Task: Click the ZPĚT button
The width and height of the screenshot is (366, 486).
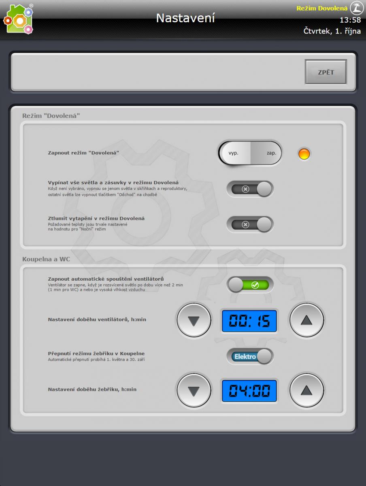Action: click(x=326, y=72)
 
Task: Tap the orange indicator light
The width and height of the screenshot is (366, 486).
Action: click(x=304, y=153)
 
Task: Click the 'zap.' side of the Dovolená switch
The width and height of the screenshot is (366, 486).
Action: click(x=266, y=153)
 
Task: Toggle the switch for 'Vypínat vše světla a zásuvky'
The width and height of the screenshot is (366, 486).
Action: click(x=250, y=189)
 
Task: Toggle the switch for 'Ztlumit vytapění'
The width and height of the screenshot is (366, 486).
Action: click(x=250, y=224)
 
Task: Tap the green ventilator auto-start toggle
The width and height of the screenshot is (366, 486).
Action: click(x=250, y=285)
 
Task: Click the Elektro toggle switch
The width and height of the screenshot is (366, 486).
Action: click(x=250, y=356)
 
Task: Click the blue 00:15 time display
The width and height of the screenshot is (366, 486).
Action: click(x=249, y=321)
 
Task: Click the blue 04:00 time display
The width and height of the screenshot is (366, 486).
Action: click(x=249, y=391)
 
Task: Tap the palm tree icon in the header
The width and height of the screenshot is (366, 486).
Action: click(x=357, y=8)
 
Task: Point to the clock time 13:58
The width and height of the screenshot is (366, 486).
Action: click(x=350, y=20)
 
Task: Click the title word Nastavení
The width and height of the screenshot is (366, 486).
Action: click(x=185, y=18)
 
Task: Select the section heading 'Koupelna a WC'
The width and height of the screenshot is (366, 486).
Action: click(x=46, y=259)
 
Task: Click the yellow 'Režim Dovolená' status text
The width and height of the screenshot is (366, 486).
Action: click(x=322, y=9)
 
